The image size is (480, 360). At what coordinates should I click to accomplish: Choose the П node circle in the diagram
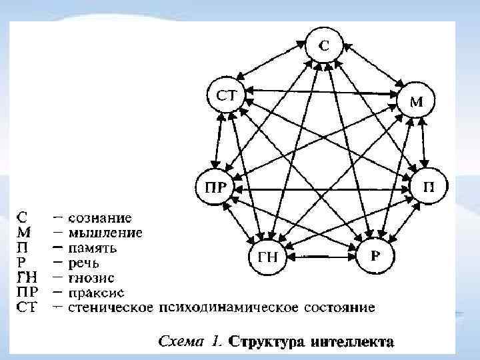point(431,185)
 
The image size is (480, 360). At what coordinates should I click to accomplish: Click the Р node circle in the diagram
point(375,254)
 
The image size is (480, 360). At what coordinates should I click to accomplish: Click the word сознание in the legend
point(101,218)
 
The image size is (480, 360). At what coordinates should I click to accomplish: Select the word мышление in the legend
point(107,233)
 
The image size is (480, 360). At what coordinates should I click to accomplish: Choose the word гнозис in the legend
point(93,278)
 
